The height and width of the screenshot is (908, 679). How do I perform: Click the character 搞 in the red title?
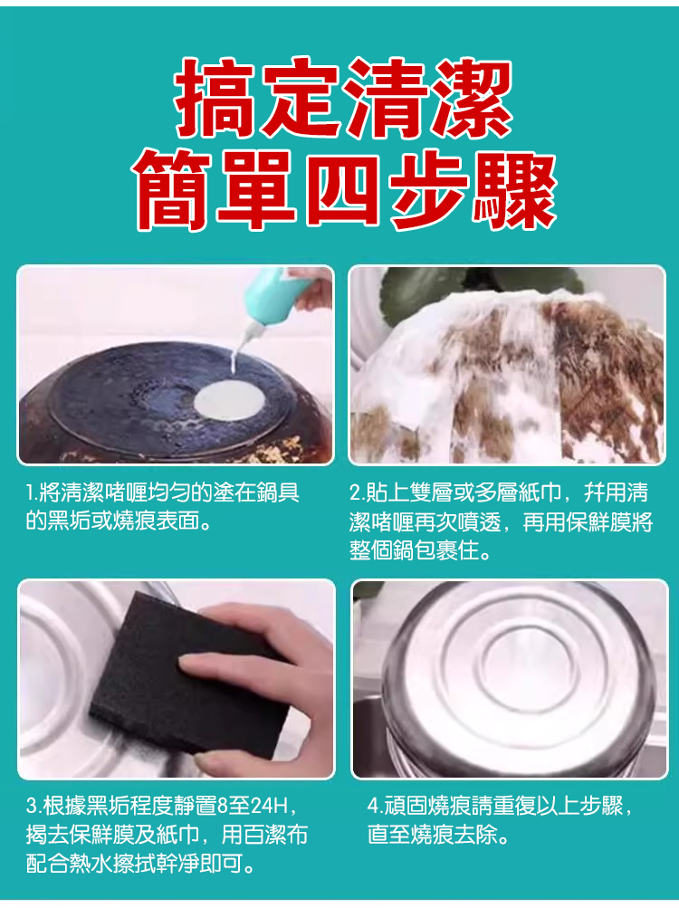pyautogui.click(x=215, y=97)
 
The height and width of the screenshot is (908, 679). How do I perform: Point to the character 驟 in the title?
pyautogui.click(x=514, y=189)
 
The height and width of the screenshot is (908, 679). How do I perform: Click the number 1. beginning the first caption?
pyautogui.click(x=32, y=492)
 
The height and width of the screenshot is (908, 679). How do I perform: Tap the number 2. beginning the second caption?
pyautogui.click(x=358, y=492)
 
